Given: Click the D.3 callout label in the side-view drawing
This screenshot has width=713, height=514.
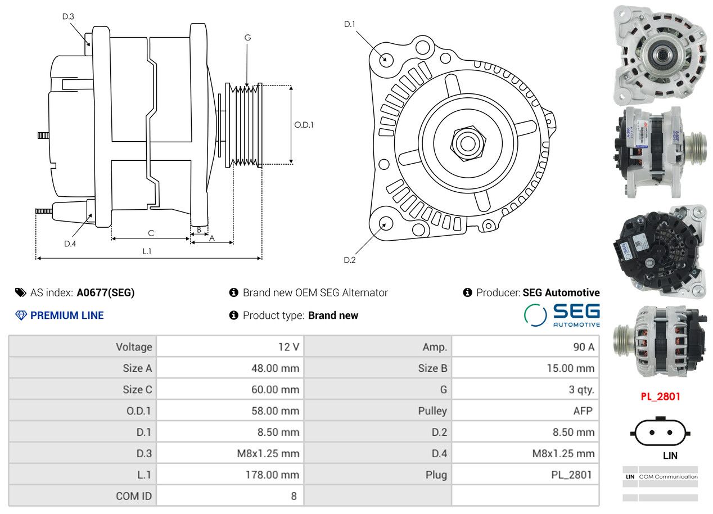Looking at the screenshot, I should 68,16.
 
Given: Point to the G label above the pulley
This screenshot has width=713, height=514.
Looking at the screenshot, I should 247,38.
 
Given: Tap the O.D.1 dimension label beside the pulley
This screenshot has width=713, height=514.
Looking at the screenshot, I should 304,125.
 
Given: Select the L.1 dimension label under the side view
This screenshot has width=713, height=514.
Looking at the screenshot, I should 146,251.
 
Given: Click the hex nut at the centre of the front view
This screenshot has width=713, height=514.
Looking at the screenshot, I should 467,143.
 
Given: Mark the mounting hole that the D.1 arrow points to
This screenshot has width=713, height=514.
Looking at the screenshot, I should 386,59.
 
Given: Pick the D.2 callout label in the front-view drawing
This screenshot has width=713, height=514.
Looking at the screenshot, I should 350,260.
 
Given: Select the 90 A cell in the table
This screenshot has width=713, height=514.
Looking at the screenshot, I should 583,347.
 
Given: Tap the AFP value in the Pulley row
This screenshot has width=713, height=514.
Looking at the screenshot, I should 583,411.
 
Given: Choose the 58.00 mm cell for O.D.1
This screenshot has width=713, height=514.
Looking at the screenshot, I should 275,411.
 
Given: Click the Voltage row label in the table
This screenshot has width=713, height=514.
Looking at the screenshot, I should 134,347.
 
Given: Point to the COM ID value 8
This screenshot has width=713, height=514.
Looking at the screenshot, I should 294,496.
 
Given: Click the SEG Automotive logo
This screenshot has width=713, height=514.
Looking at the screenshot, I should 562,315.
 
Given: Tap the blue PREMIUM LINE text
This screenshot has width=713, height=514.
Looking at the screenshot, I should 67,315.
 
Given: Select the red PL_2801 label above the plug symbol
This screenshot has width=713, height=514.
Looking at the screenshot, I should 660,396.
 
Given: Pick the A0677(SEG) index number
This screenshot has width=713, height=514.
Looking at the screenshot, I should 106,292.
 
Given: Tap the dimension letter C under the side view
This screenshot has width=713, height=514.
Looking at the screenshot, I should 151,233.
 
